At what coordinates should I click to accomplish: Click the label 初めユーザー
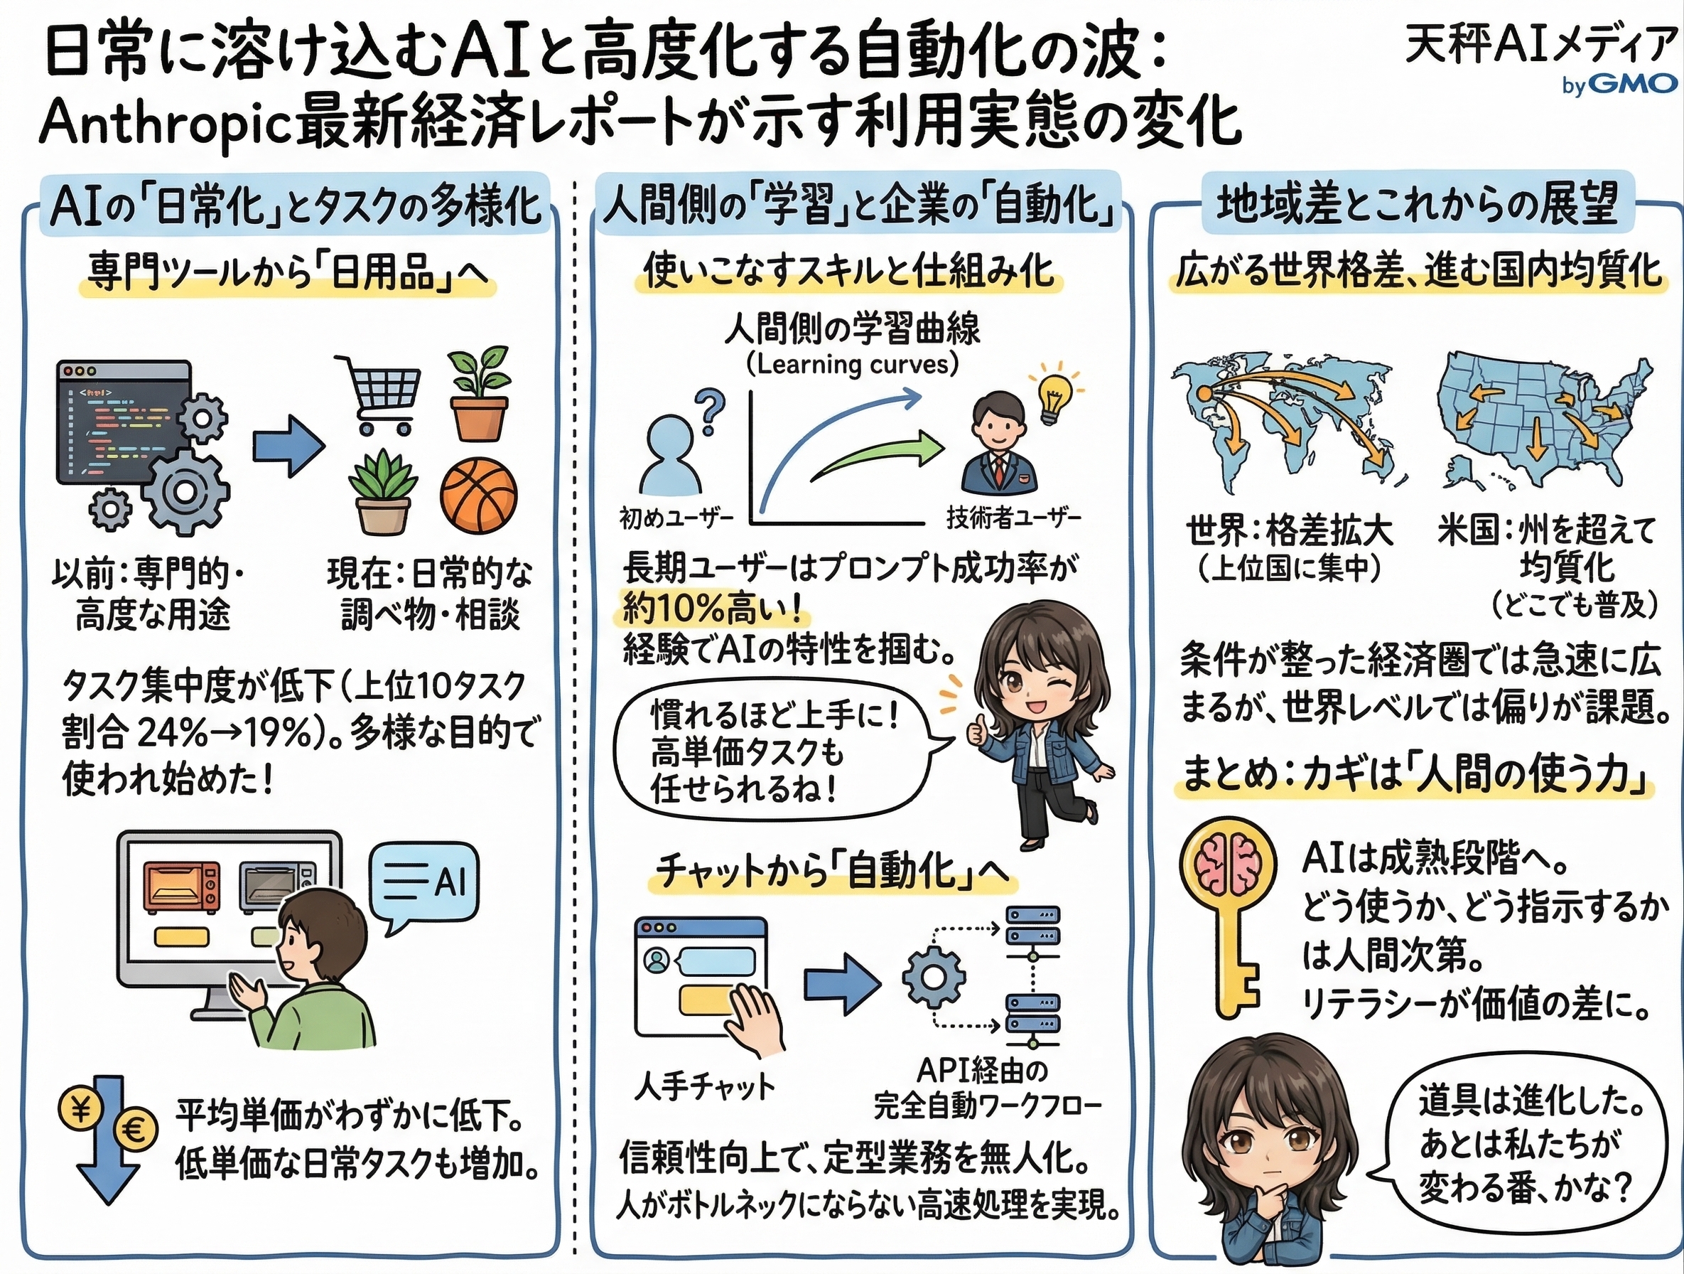[x=676, y=520]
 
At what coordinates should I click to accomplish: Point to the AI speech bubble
[x=423, y=884]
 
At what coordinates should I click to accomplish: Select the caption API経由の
[x=981, y=1071]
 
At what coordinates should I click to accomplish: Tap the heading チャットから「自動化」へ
[x=833, y=870]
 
